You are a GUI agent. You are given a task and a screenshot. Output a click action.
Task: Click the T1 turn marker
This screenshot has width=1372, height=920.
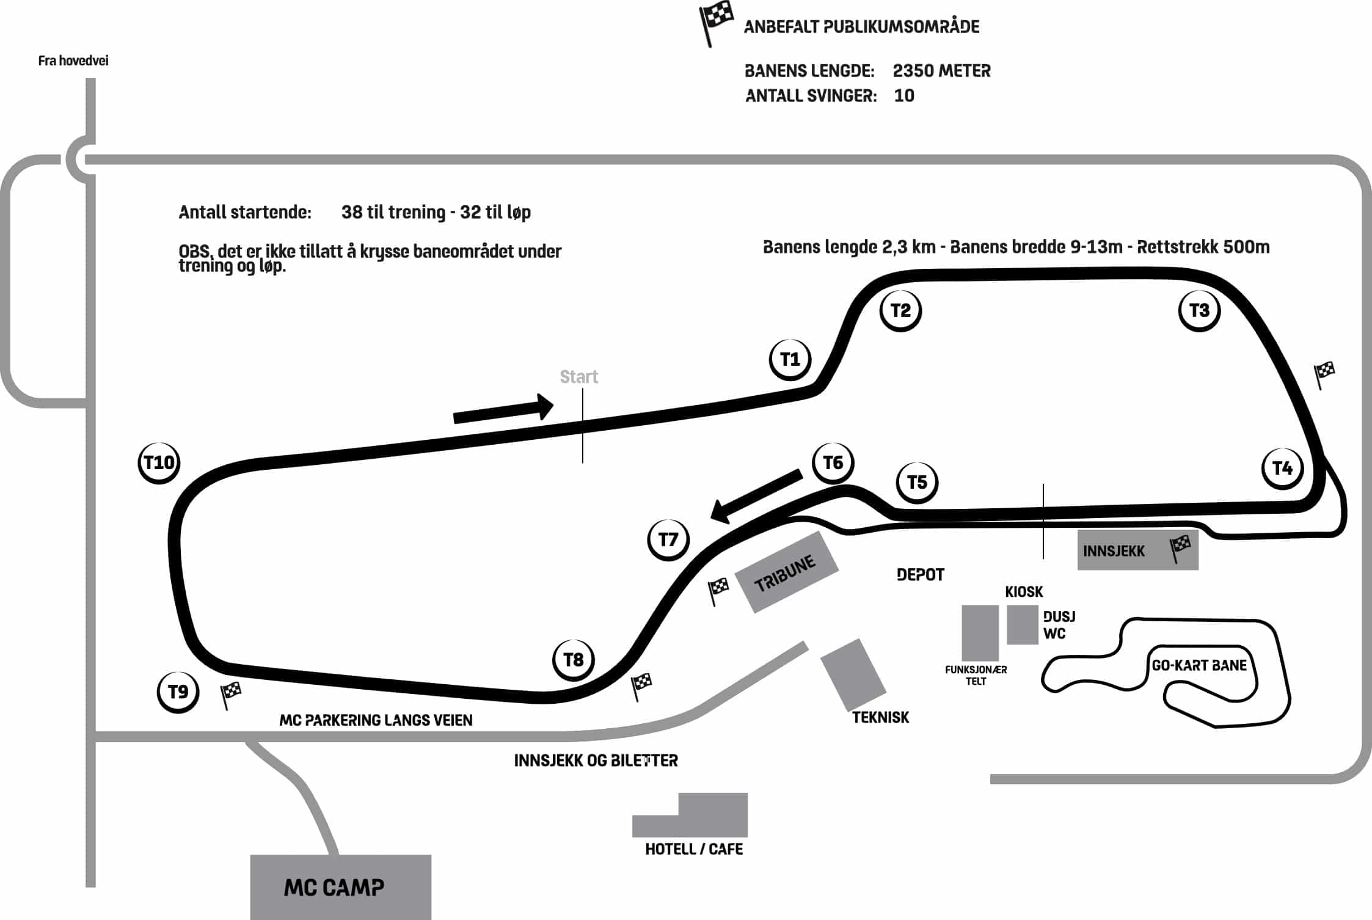tap(790, 359)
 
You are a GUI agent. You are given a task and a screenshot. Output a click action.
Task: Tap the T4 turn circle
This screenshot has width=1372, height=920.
tap(1282, 468)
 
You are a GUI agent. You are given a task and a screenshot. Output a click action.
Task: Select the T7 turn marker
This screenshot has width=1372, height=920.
tap(668, 539)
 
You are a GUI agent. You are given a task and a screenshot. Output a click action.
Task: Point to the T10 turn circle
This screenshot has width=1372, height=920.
tap(159, 462)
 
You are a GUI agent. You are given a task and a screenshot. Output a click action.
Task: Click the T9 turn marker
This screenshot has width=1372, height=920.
tap(178, 692)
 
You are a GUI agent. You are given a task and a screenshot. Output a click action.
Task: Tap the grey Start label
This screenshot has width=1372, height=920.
tap(579, 377)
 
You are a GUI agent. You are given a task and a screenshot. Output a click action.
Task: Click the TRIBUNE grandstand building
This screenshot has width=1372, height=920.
tap(786, 572)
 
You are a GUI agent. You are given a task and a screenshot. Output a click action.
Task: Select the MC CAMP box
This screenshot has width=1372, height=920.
tap(340, 886)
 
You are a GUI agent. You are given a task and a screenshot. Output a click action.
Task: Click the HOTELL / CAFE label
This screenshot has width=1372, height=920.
tap(694, 849)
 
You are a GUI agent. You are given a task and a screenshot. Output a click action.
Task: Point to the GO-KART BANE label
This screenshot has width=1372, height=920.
tap(1199, 665)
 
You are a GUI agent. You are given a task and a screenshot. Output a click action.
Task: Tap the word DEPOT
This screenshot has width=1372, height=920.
tap(921, 575)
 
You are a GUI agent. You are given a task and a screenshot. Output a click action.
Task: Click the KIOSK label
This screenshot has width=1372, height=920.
tap(1024, 592)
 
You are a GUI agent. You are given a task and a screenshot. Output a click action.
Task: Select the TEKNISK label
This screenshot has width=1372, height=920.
tap(880, 717)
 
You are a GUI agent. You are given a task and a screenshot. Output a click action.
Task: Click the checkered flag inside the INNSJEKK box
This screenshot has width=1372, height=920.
tap(1180, 548)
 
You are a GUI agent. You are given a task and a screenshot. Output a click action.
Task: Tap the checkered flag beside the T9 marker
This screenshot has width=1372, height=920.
tap(230, 695)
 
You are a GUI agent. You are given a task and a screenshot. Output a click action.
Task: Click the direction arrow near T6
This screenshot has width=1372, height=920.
tap(756, 496)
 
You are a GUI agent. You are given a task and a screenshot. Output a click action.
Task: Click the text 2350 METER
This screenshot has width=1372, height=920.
tap(941, 71)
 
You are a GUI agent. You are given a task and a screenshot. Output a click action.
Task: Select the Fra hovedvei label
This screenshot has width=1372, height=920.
tap(73, 60)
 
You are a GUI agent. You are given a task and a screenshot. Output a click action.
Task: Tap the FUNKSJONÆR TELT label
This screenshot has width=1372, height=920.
tap(976, 675)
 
